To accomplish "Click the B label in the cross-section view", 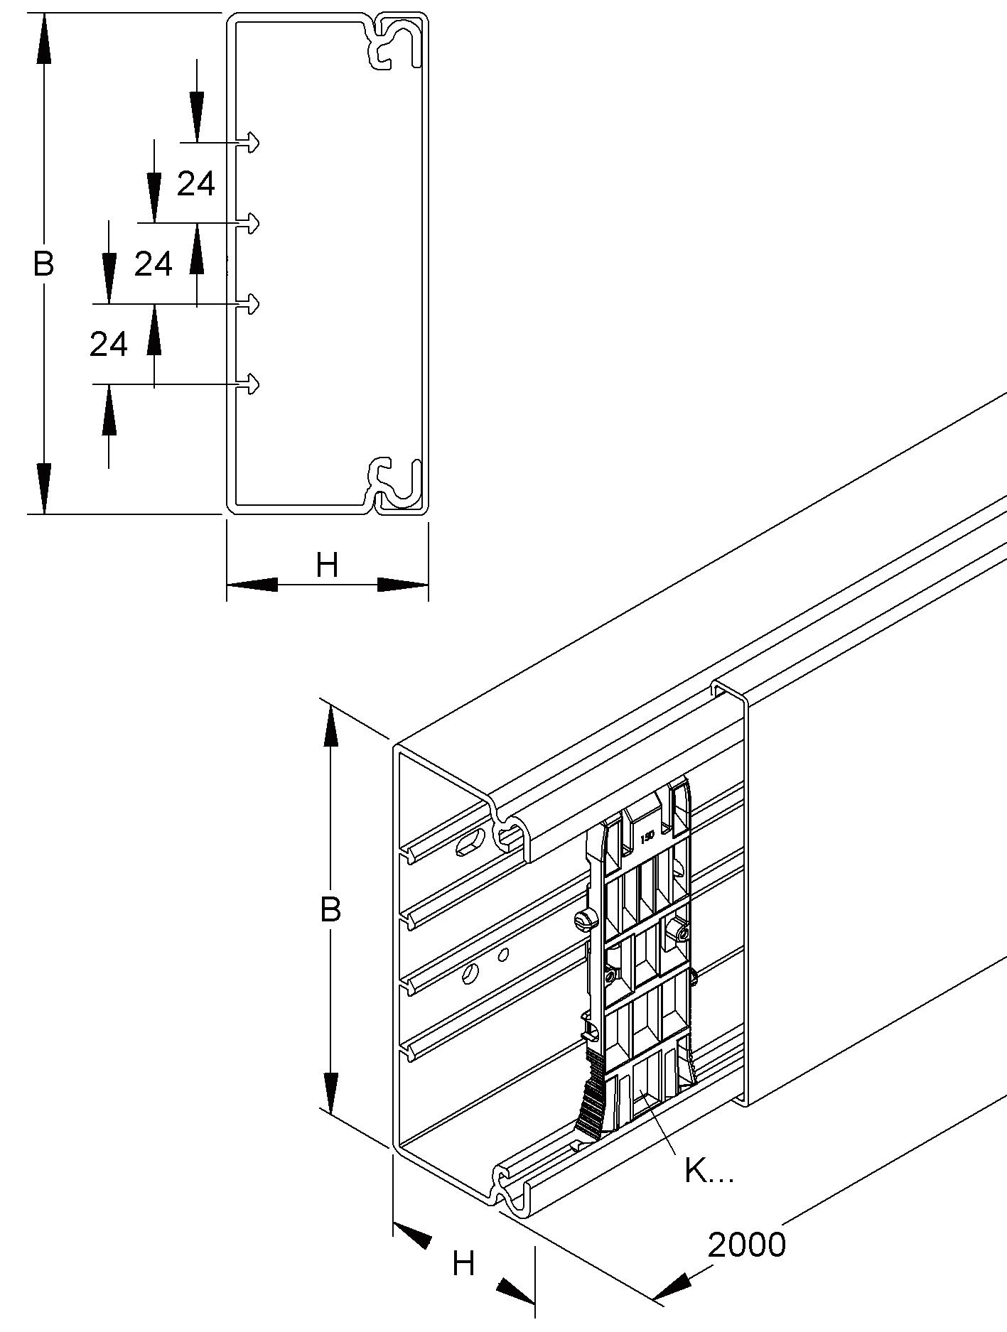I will click(x=43, y=264).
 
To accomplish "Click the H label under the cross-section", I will click(x=327, y=566).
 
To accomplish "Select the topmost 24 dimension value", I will click(x=195, y=185).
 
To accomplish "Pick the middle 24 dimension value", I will click(x=153, y=264).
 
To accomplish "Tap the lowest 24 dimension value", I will click(x=108, y=345).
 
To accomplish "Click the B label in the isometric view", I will click(x=330, y=909).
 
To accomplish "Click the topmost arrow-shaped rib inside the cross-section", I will click(x=250, y=143).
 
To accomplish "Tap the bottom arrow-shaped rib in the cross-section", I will click(x=250, y=385).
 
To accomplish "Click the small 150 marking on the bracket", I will click(x=647, y=837).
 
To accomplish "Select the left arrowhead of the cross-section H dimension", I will click(x=252, y=584).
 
